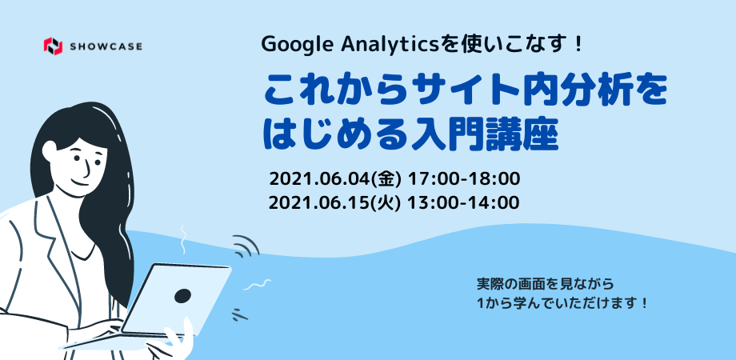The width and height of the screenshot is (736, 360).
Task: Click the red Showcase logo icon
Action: [53, 46]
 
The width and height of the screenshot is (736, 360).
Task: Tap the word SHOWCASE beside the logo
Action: [106, 46]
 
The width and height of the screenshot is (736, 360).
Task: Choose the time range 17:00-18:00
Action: [464, 179]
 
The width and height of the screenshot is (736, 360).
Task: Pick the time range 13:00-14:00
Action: [463, 202]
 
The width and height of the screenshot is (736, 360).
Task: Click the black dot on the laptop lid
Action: [182, 296]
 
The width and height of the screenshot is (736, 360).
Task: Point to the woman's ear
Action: [50, 150]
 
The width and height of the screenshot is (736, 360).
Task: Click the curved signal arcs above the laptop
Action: [246, 246]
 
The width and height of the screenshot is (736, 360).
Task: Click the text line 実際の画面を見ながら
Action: [546, 284]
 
